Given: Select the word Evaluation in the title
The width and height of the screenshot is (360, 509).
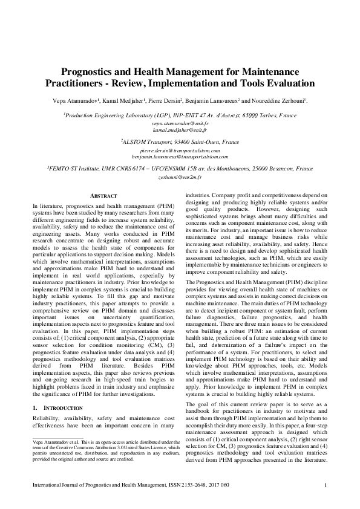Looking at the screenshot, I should [287, 83].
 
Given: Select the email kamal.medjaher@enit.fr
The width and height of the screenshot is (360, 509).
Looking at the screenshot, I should [180, 130].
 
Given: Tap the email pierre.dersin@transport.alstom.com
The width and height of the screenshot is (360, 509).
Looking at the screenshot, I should [180, 150].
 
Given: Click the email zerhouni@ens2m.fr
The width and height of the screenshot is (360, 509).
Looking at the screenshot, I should [180, 180].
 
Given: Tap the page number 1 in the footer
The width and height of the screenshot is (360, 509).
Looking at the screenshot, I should [326, 485].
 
